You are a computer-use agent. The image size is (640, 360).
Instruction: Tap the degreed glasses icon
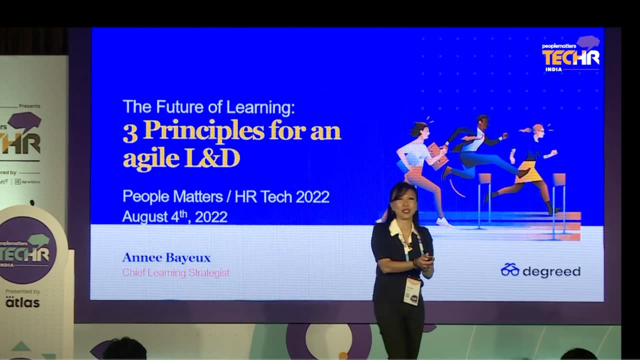pos(510,270)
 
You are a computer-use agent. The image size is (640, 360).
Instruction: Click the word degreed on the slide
pos(551,271)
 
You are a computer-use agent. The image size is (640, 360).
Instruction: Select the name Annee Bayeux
pos(166,258)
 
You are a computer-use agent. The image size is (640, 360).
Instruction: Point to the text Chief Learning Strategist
pos(176,273)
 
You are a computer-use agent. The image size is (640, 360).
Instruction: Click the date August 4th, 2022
pos(174,216)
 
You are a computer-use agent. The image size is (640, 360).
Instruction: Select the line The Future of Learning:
pos(209,107)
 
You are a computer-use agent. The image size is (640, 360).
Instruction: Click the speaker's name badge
pos(412,291)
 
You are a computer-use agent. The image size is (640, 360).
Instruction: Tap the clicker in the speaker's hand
pos(429,258)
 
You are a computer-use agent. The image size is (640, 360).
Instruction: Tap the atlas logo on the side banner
pos(22,302)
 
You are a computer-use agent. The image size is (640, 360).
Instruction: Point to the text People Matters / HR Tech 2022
pos(225,196)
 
